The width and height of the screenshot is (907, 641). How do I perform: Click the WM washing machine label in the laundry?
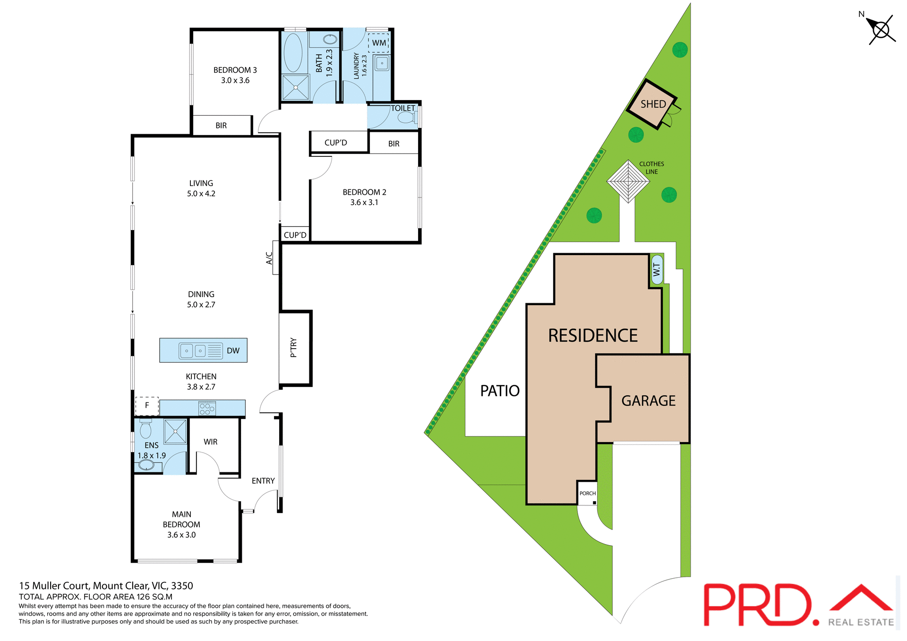pos(379,43)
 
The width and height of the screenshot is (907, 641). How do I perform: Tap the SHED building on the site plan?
pos(653,104)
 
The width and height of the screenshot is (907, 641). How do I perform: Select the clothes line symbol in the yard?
pos(628,181)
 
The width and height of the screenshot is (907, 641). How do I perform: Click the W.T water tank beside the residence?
pos(657,270)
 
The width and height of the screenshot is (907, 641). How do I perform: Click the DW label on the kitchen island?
pos(233,350)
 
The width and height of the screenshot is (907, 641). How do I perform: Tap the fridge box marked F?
pos(147,405)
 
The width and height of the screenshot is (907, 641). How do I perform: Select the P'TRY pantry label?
pos(294,348)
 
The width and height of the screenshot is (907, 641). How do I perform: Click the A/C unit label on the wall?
pos(269,258)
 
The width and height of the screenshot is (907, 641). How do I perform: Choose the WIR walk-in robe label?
pos(211,442)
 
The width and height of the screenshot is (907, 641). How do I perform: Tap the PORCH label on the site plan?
pos(587,493)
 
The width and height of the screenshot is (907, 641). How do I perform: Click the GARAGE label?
pos(648,401)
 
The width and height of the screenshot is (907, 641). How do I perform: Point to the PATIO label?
pos(499,391)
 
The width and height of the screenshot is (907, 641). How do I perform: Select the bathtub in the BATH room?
pos(293,52)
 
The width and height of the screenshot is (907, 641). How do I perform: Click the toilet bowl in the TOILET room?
pos(406,117)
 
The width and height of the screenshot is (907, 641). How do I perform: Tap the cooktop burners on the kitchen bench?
pos(207,408)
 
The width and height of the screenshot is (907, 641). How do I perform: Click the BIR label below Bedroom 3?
pos(221,126)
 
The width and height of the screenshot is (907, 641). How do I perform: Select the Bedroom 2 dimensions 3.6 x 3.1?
pos(364,202)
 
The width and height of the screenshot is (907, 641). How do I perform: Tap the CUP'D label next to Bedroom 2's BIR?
pos(335,143)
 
